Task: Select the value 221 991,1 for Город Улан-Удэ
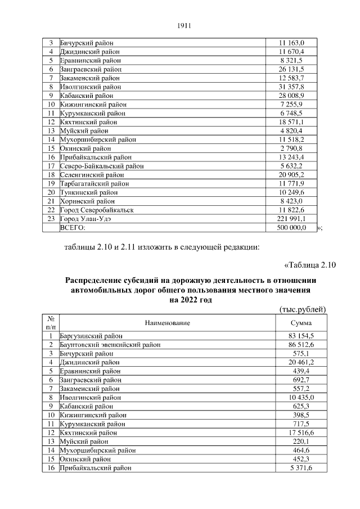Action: [291, 219]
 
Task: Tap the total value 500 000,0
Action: [291, 228]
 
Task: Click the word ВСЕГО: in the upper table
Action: [73, 228]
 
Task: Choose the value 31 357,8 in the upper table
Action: [291, 87]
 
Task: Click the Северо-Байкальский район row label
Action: [102, 166]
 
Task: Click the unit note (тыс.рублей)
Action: [303, 309]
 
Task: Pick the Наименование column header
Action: [167, 322]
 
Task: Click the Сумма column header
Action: [301, 322]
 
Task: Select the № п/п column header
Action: [51, 322]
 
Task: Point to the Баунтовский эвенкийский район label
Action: [106, 344]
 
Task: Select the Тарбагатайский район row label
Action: [94, 183]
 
